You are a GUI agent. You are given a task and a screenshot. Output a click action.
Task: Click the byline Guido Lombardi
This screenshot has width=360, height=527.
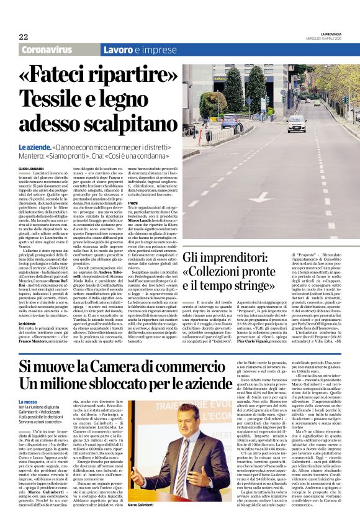tap(31, 169)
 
